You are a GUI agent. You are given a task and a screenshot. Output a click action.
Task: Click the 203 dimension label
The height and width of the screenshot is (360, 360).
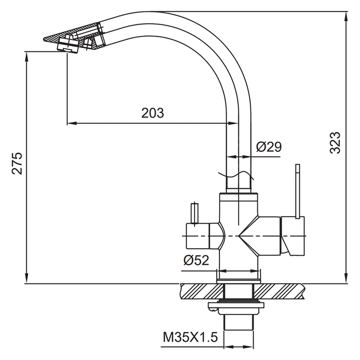[152, 113]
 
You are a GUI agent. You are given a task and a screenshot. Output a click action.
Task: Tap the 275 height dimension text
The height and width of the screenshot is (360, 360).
[17, 163]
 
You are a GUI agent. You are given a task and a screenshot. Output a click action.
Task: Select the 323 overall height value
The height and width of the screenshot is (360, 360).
[335, 143]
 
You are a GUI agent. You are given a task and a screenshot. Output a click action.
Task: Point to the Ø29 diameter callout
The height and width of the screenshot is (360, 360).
[269, 147]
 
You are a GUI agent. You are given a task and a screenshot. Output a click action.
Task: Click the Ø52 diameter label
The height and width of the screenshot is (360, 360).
[196, 260]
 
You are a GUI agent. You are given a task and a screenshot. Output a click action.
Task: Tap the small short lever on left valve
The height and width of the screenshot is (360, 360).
[194, 213]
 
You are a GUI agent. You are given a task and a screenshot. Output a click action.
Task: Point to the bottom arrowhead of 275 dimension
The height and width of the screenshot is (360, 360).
[27, 279]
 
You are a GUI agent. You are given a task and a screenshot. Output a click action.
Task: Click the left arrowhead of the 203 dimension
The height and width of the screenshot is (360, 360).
[72, 123]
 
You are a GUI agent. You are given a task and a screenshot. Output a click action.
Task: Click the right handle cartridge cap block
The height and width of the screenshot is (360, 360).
[293, 236]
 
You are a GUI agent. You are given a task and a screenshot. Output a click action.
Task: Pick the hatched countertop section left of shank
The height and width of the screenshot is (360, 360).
[202, 292]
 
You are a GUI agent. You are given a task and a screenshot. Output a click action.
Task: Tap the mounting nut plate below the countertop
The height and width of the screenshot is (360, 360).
[236, 305]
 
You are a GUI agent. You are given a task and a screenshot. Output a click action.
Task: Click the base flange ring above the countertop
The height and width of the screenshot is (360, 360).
[239, 281]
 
